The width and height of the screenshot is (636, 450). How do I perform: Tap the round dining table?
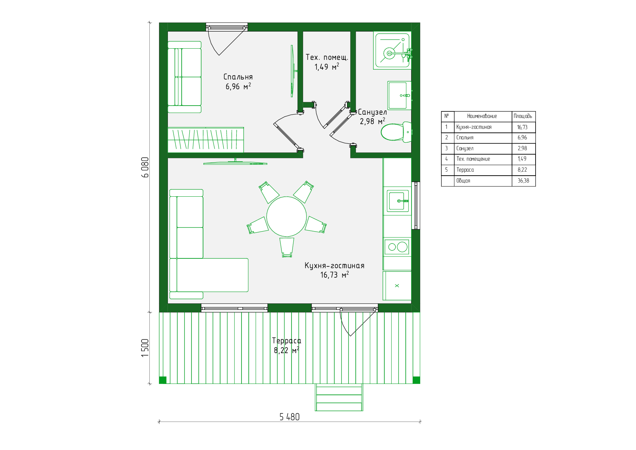286,217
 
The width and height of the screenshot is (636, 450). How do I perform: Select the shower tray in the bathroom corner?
392,50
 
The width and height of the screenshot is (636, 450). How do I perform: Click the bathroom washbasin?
399,95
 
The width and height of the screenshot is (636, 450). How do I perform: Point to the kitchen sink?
398,201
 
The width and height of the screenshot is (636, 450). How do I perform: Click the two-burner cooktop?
397,247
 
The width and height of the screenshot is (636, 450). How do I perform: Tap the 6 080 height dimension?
145,167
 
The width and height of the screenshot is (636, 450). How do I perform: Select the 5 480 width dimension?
289,417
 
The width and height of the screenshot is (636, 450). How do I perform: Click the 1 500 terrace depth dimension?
145,348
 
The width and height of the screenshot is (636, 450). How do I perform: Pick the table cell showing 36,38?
523,181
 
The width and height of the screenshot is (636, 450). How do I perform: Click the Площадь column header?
523,116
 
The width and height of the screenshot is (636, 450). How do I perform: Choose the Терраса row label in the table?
465,170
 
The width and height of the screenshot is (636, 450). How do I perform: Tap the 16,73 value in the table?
523,127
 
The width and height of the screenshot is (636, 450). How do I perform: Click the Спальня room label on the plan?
238,77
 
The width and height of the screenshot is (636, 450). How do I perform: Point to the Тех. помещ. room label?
327,57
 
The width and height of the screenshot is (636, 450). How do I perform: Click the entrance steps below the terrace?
339,397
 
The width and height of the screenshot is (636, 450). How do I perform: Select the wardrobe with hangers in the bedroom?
206,140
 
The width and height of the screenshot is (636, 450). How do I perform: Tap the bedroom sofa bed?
184,77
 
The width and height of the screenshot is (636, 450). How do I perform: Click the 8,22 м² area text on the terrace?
286,350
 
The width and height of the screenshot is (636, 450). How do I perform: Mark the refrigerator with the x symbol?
397,286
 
